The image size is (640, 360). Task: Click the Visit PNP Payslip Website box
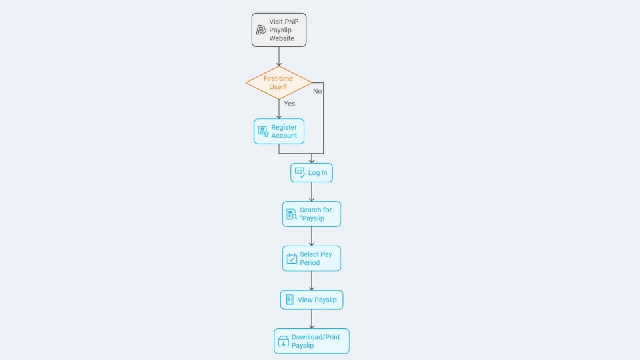(x=279, y=30)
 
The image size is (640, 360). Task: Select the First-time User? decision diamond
(x=279, y=82)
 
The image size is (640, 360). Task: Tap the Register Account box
(x=279, y=132)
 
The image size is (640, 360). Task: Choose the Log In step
(x=312, y=172)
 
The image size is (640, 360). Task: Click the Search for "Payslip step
(x=312, y=214)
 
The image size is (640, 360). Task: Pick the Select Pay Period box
(x=312, y=258)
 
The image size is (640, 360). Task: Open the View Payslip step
(x=312, y=300)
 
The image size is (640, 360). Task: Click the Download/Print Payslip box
(x=312, y=341)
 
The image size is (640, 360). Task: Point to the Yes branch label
(x=289, y=104)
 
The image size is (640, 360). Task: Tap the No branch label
(x=318, y=91)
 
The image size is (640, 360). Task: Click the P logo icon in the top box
(x=261, y=30)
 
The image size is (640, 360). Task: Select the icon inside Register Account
(x=263, y=131)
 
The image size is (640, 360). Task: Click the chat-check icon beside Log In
(x=300, y=172)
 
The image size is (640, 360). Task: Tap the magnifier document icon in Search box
(x=292, y=214)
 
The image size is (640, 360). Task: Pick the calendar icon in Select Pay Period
(x=292, y=258)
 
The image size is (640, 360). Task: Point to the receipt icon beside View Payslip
(x=290, y=300)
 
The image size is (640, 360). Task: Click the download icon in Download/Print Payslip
(x=284, y=342)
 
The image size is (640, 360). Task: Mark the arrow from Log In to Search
(x=312, y=192)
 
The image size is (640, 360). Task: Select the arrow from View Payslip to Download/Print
(x=312, y=319)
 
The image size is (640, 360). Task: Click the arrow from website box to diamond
(x=279, y=56)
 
